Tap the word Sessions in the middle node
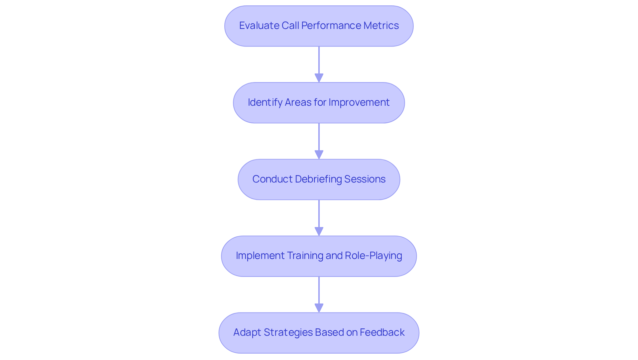click(365, 179)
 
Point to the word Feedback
click(382, 332)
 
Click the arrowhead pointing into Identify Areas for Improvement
click(319, 78)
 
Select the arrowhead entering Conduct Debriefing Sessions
click(319, 155)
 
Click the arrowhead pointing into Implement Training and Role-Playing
click(319, 231)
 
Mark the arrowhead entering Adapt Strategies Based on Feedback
click(319, 308)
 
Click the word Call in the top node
click(290, 26)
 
